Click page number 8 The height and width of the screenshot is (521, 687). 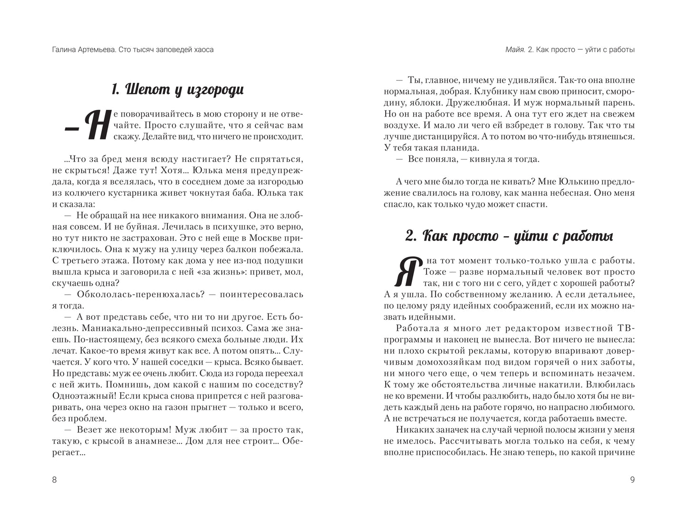(54, 480)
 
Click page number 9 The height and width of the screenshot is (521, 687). (632, 480)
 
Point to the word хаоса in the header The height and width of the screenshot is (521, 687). (202, 49)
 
